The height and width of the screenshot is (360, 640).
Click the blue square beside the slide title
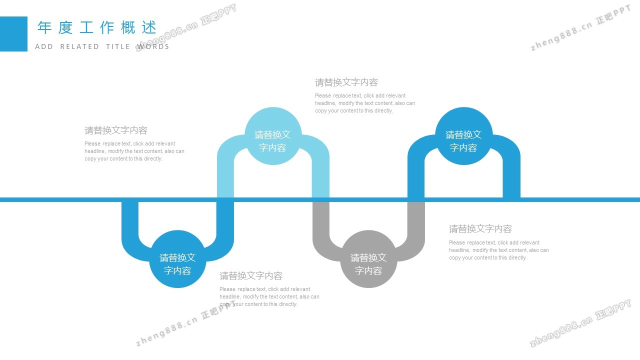[x=13, y=34]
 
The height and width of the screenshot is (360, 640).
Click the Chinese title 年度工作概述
[x=97, y=27]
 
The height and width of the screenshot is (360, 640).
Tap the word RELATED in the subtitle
[x=79, y=46]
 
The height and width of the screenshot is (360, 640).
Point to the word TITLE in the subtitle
[x=118, y=46]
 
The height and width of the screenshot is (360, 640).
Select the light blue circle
[x=273, y=136]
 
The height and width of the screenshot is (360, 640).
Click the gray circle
[x=368, y=259]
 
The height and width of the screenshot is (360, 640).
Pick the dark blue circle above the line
[x=463, y=136]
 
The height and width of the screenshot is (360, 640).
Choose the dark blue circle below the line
[x=177, y=259]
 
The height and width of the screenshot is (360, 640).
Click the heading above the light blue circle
[x=346, y=82]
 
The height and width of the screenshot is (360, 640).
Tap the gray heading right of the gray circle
[x=480, y=229]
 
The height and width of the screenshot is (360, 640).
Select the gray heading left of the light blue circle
[x=116, y=130]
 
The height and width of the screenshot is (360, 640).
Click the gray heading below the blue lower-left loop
[x=251, y=275]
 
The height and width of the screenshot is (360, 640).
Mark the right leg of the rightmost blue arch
[x=511, y=175]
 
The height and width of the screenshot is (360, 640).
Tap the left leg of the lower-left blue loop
[x=130, y=222]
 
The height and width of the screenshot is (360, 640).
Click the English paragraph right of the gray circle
[x=498, y=250]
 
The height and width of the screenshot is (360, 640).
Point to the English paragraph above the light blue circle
[x=364, y=103]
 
